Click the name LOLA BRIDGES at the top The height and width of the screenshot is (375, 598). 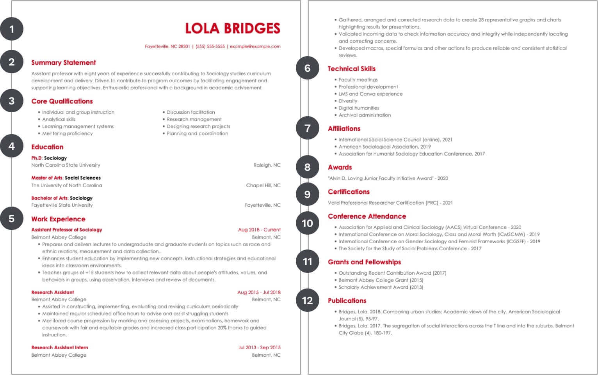(232, 28)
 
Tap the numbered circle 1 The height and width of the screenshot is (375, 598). (12, 29)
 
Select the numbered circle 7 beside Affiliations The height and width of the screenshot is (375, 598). (308, 128)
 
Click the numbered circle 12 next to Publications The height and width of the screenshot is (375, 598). (308, 300)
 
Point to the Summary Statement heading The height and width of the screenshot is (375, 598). (63, 62)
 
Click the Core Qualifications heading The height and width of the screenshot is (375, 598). (62, 101)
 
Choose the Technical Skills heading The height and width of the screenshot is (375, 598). (351, 69)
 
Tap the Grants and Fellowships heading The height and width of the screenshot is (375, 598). (364, 262)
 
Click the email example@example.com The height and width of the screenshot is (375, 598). (255, 46)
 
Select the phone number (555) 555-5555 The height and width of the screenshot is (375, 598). (210, 46)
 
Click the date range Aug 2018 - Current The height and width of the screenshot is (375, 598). (259, 230)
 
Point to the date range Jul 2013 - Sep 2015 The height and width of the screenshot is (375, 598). (259, 347)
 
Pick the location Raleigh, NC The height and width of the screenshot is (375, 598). (267, 165)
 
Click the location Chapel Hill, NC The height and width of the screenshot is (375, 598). (263, 185)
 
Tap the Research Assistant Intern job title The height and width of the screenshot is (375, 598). (60, 347)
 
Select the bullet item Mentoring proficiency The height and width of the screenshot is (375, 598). (67, 133)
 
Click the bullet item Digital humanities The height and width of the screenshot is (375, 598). (359, 108)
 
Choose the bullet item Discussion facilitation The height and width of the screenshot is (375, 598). (190, 112)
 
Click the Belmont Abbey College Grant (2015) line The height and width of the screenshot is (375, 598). (381, 280)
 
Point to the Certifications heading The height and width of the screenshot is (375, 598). (349, 192)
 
